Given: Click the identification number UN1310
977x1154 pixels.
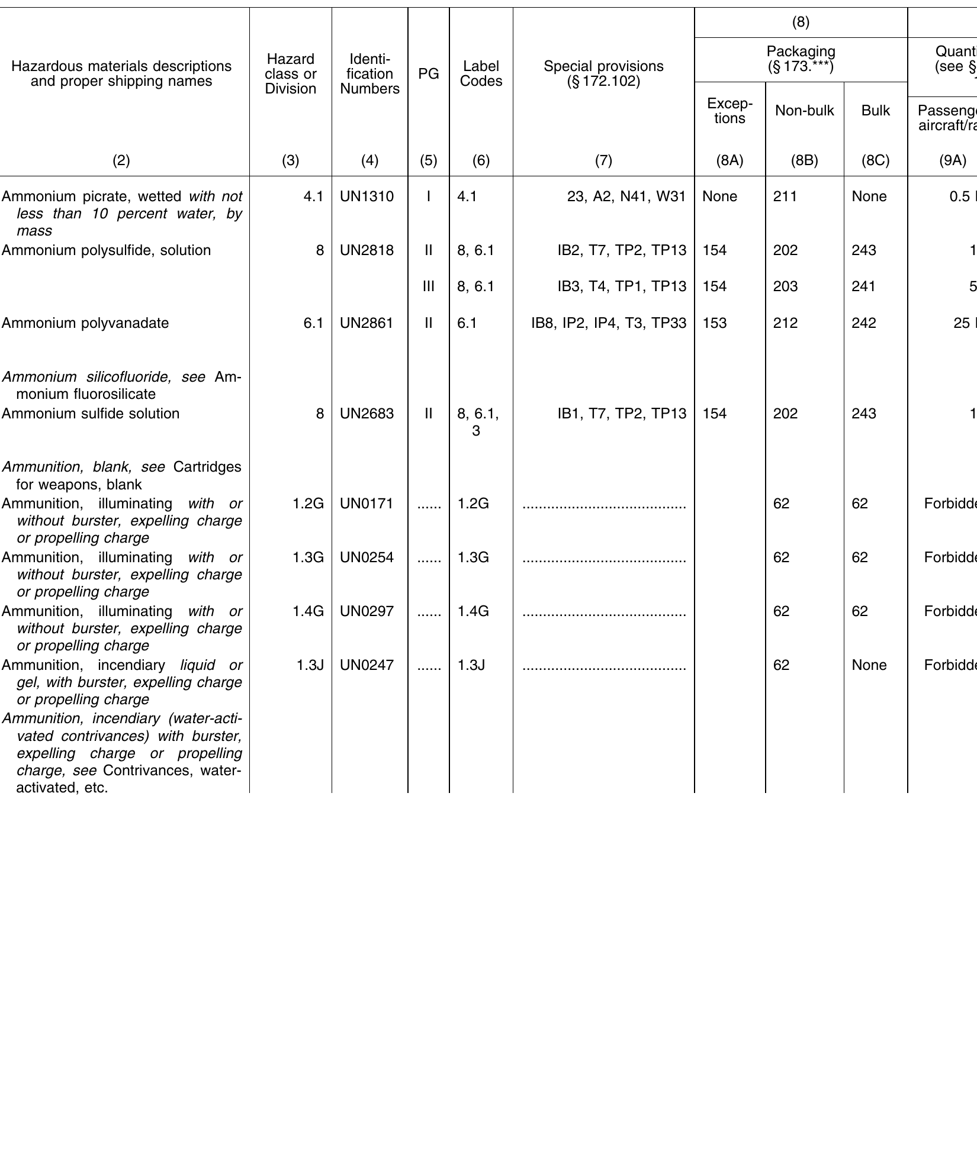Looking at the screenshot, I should [367, 196].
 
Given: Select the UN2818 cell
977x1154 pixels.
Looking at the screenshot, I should [367, 250].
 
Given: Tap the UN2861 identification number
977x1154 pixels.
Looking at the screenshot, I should [367, 323].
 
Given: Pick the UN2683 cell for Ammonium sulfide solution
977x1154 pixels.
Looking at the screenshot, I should [367, 414].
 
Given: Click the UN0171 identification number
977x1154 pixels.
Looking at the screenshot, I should [367, 504].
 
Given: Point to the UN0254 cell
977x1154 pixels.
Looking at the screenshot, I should [367, 557].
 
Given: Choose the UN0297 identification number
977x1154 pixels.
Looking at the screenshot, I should [367, 611].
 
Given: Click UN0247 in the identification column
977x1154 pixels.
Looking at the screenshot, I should [367, 665].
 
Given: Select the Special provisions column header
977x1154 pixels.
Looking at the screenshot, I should [603, 74].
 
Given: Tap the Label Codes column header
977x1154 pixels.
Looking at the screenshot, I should [481, 74].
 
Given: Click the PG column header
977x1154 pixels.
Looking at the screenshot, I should [429, 74].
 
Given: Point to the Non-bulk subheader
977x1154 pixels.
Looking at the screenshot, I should [804, 111].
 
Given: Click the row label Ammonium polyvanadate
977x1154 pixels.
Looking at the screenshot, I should [85, 323].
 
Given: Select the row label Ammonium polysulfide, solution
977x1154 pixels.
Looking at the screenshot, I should [107, 250].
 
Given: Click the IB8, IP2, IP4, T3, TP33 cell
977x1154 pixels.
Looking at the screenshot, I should [609, 323].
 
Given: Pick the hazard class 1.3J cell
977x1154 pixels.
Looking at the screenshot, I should [310, 665].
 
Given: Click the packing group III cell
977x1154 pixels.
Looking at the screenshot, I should [429, 286].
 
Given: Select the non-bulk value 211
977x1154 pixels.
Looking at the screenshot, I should [782, 196].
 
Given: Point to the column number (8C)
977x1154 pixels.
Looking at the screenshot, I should [875, 160].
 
